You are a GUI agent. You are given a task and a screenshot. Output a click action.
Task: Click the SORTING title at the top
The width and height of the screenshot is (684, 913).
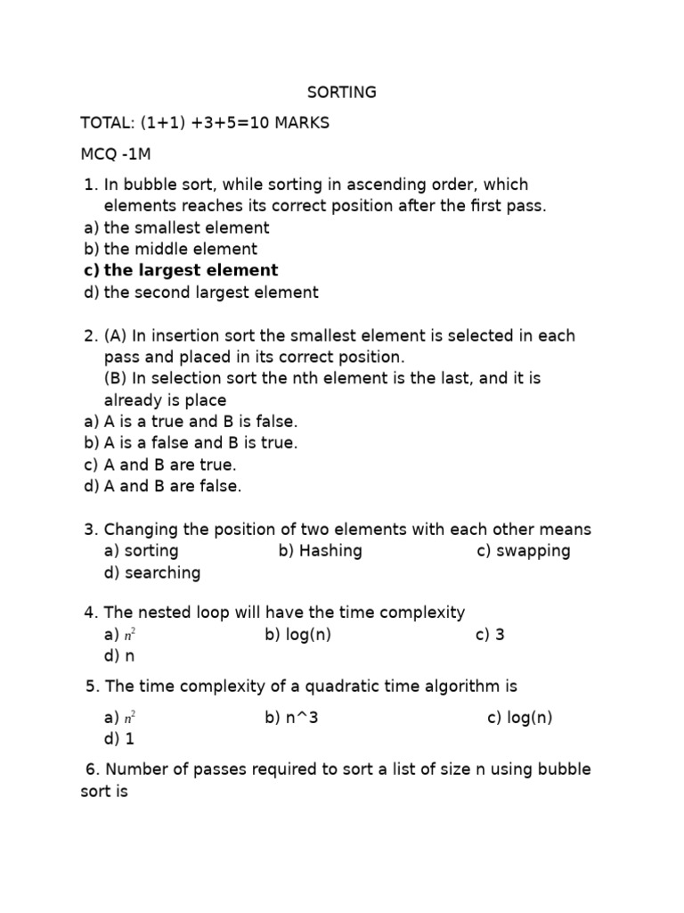(x=342, y=93)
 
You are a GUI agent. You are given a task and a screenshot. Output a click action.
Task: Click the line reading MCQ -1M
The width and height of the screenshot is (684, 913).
(x=116, y=153)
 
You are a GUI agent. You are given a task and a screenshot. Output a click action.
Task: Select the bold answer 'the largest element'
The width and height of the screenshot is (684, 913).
(x=191, y=270)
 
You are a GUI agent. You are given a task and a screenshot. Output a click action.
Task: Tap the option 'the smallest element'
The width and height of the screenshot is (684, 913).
(x=186, y=227)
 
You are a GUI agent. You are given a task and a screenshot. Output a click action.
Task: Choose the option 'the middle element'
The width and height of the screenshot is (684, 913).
(x=180, y=249)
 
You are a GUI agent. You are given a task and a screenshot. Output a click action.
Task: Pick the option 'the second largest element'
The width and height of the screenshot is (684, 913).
(x=210, y=292)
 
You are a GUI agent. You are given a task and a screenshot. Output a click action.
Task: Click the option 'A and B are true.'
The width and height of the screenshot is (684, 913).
(x=170, y=465)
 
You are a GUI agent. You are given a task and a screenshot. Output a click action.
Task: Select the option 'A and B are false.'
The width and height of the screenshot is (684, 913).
(x=173, y=486)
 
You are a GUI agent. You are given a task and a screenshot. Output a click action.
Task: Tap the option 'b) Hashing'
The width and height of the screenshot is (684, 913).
(x=321, y=551)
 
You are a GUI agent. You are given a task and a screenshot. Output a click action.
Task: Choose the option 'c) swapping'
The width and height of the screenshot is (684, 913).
(x=524, y=551)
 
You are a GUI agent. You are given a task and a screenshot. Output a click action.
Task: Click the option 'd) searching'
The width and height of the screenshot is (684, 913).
(x=152, y=572)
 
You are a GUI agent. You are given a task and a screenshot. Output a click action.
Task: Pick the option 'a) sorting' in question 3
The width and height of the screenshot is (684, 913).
(x=142, y=551)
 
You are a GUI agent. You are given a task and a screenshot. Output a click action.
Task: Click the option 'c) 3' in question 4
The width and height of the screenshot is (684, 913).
(x=490, y=635)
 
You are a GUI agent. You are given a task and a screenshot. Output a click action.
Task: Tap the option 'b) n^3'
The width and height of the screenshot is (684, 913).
(x=291, y=718)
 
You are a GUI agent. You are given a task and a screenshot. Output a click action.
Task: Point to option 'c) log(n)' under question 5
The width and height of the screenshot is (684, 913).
(x=520, y=718)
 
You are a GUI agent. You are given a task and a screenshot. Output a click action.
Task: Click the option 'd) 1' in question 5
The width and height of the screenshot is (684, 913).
(x=119, y=739)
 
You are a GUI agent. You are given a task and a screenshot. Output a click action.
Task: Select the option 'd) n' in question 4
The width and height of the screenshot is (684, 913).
(x=119, y=656)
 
